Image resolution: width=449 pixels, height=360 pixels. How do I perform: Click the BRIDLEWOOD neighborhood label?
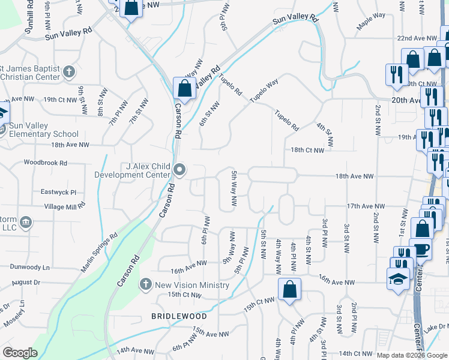(x=179, y=316)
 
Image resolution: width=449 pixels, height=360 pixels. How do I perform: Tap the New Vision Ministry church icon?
(x=145, y=284)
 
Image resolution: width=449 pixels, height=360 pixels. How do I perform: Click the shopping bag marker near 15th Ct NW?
(x=289, y=290)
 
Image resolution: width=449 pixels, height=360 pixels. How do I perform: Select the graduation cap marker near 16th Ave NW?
(x=397, y=279)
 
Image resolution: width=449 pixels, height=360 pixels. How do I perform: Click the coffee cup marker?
(x=421, y=250)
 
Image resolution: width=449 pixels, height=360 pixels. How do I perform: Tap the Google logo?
(x=20, y=353)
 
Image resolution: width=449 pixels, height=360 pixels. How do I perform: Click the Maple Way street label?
(x=371, y=25)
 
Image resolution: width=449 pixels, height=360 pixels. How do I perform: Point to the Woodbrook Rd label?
(x=46, y=162)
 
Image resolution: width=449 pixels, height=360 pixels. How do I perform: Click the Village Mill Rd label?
(x=65, y=206)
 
